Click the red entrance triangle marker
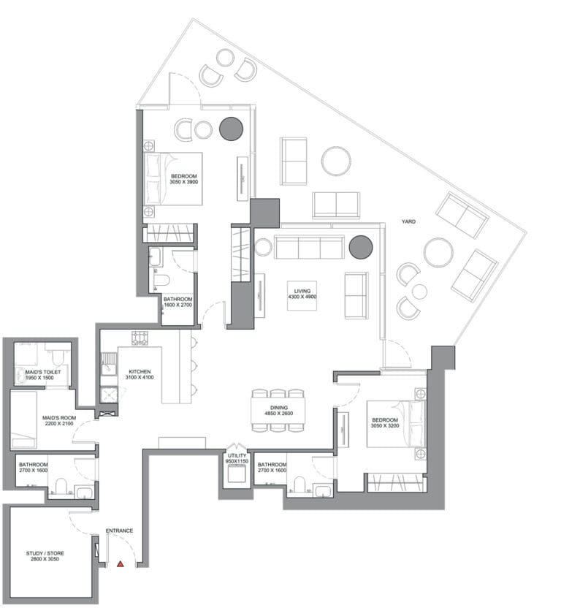pos(121,564)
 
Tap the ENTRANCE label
pos(119,531)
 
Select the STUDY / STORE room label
pos(45,556)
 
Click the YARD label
pos(408,221)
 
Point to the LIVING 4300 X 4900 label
pos(302,294)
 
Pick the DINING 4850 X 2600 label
pos(279,410)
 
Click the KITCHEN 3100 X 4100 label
pos(140,374)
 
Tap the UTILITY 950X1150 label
pos(237,458)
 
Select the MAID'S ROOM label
pos(59,421)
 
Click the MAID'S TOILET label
pos(42,375)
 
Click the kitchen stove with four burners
pos(140,338)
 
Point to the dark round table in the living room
pos(361,247)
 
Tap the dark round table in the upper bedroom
pos(232,129)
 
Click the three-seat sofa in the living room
pos(310,247)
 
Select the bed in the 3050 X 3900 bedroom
pos(173,179)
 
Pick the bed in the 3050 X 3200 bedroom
pos(396,423)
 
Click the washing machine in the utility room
pos(237,474)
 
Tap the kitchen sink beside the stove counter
pos(109,365)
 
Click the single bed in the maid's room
pos(23,420)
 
